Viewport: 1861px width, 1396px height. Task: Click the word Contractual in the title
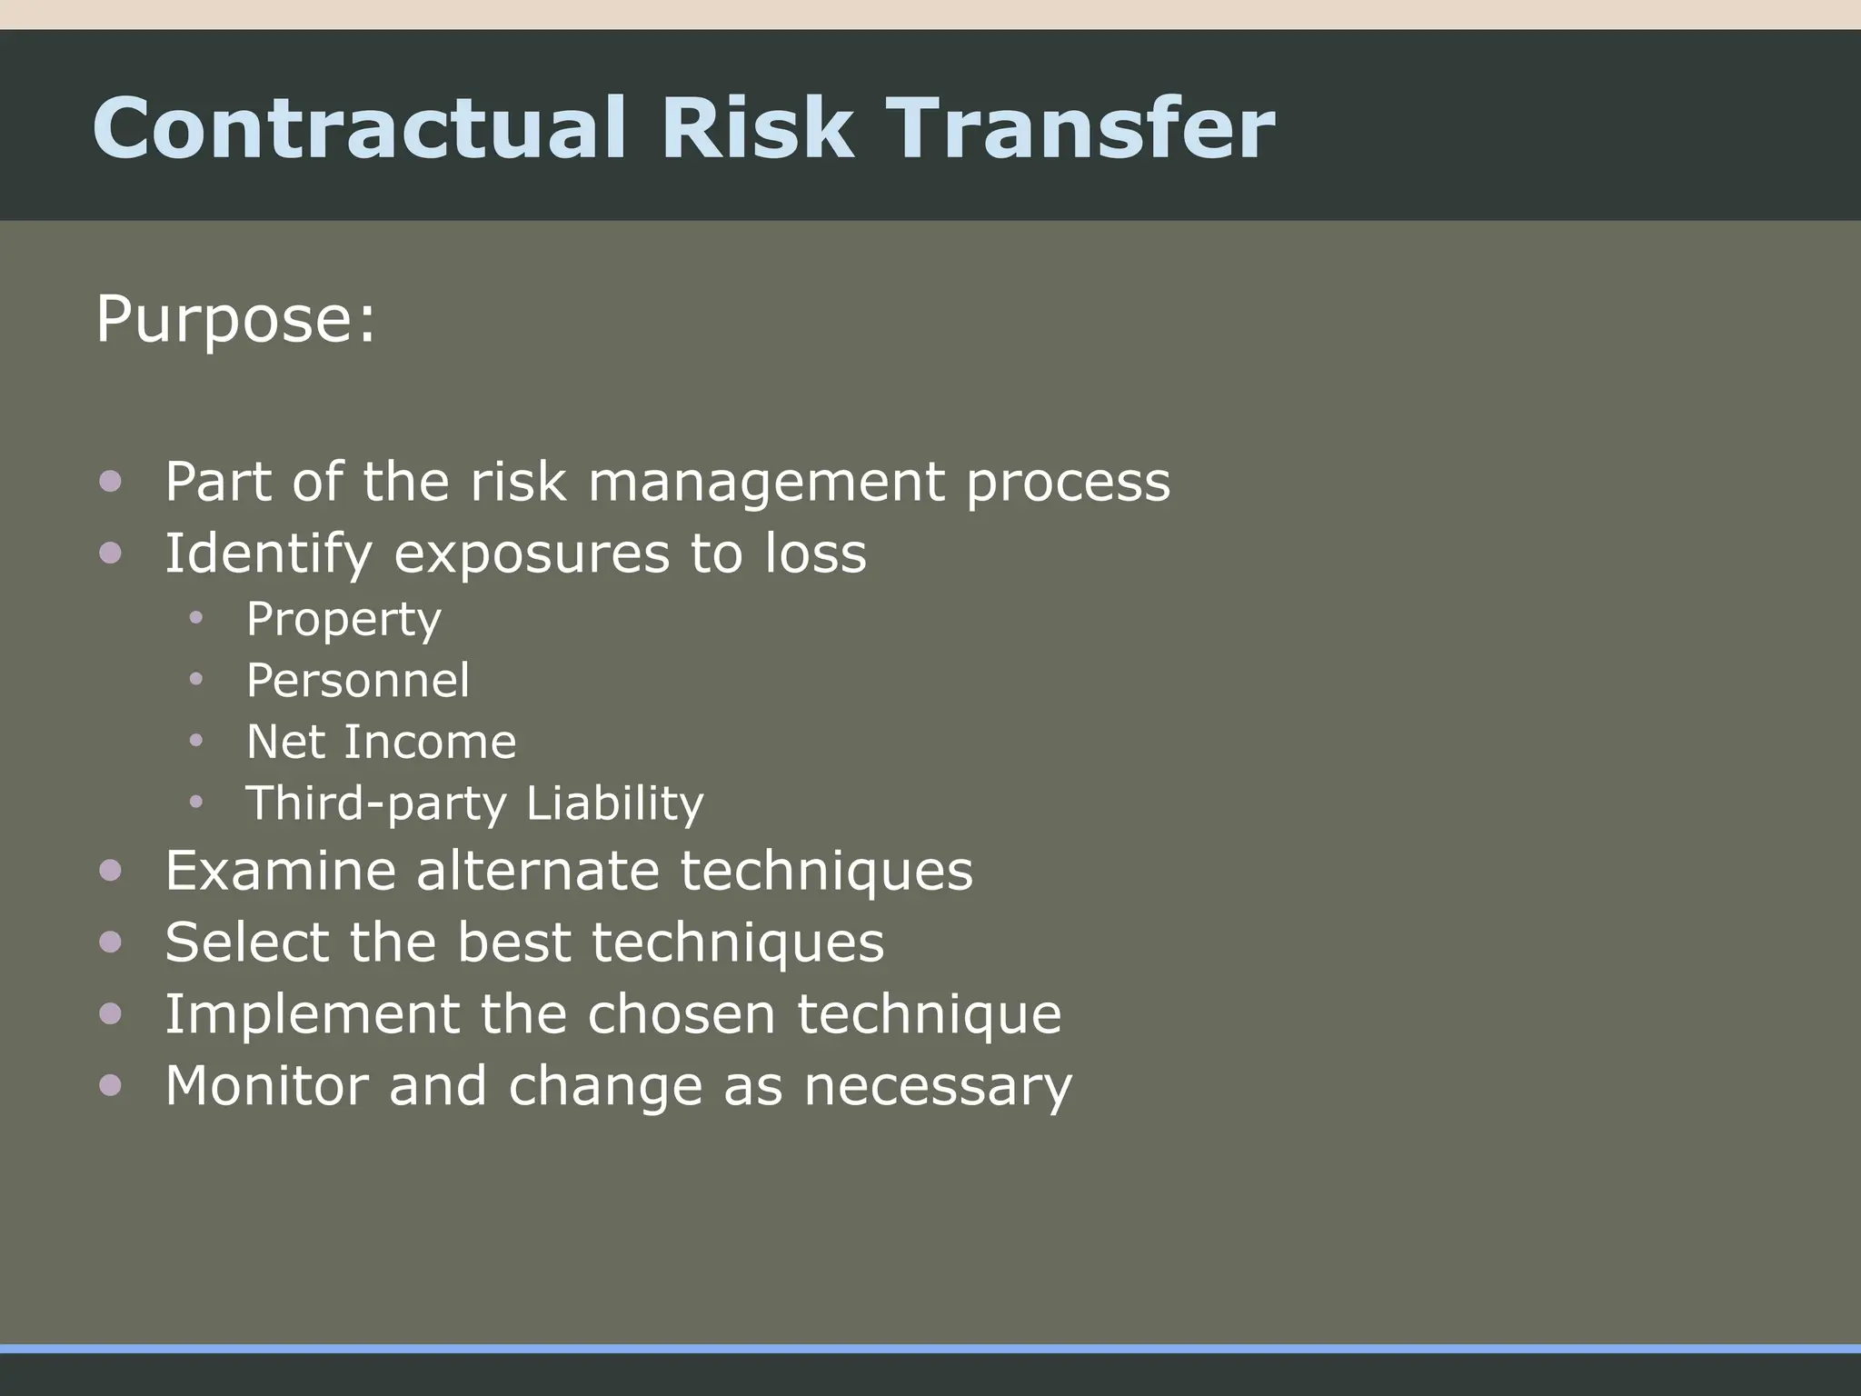(x=359, y=128)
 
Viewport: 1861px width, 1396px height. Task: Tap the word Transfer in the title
(x=1080, y=128)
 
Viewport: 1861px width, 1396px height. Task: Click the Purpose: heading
(x=235, y=320)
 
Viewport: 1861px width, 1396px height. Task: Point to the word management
(x=766, y=483)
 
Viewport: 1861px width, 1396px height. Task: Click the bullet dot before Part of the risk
(x=111, y=482)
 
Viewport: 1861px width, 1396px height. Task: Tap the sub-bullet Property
(x=343, y=621)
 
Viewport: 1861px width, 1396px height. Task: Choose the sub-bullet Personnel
(x=358, y=680)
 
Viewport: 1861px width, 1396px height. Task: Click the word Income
(x=430, y=742)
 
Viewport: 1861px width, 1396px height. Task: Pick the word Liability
(x=614, y=803)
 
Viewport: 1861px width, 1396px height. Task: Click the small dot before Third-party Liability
(x=196, y=803)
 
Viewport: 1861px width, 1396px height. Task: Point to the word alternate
(x=537, y=871)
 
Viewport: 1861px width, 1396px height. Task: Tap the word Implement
(x=312, y=1014)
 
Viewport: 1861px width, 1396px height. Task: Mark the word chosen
(x=681, y=1014)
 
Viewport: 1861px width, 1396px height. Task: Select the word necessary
(x=937, y=1088)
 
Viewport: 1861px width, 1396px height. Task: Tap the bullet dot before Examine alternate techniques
(x=111, y=871)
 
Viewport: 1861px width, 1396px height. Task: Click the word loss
(x=815, y=553)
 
